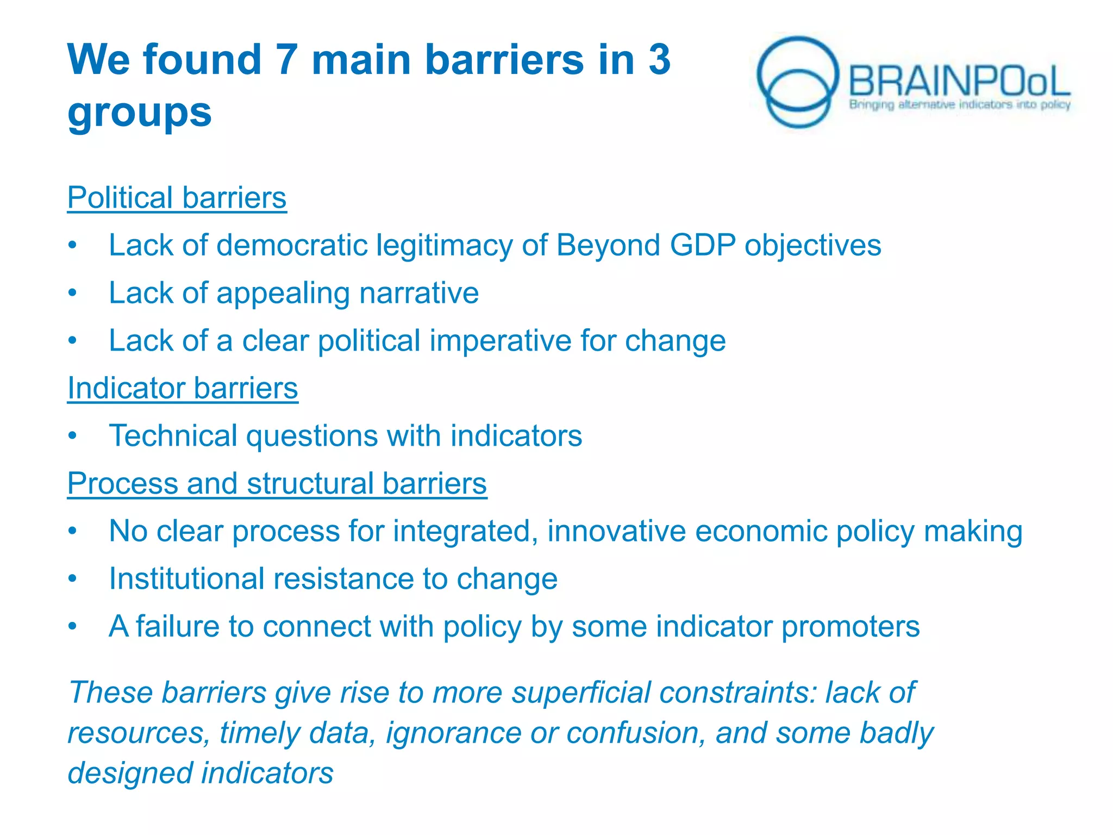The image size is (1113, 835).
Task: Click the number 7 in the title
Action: pyautogui.click(x=287, y=60)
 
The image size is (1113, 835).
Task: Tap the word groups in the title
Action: pyautogui.click(x=140, y=113)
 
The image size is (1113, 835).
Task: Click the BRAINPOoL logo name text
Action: pyautogui.click(x=959, y=82)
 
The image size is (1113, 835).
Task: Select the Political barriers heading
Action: pyautogui.click(x=177, y=197)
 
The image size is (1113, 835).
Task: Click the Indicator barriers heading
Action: pyautogui.click(x=183, y=388)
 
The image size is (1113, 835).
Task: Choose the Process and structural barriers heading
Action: pyautogui.click(x=277, y=483)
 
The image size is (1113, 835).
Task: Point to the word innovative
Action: pyautogui.click(x=616, y=531)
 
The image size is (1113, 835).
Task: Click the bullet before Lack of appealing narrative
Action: pyautogui.click(x=73, y=294)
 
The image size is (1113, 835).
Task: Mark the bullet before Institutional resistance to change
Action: pyautogui.click(x=73, y=579)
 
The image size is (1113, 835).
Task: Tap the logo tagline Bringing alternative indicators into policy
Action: pyautogui.click(x=960, y=104)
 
